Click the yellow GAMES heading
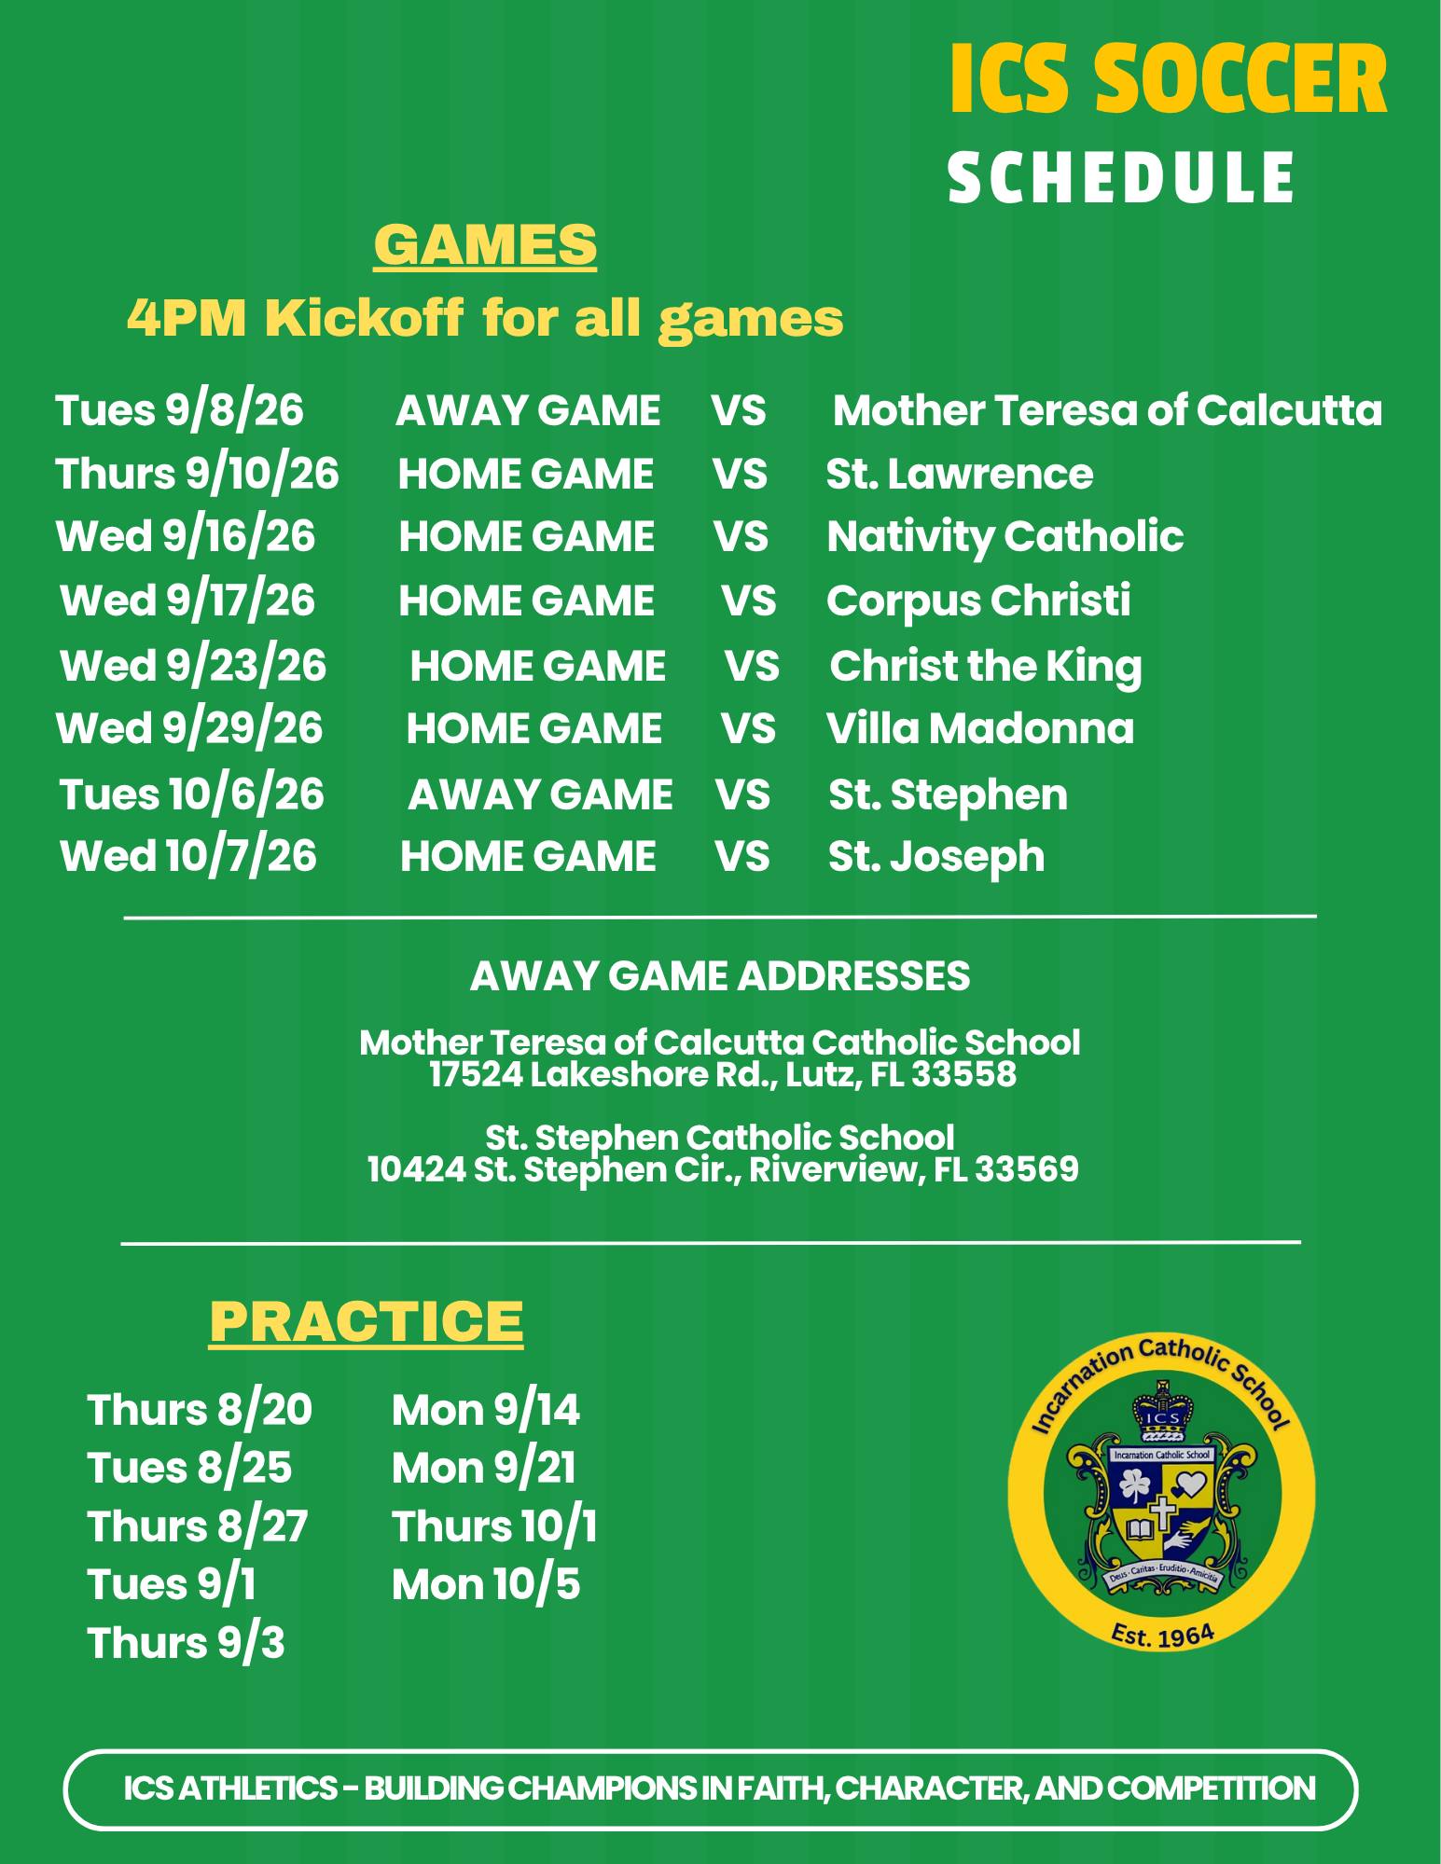[485, 245]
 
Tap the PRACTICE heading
[367, 1321]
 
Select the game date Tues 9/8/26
[180, 411]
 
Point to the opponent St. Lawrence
[960, 474]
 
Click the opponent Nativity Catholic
[1005, 538]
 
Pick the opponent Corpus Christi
[978, 601]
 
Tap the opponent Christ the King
[986, 667]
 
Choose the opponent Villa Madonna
[980, 728]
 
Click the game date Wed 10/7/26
[188, 857]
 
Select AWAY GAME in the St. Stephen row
[540, 795]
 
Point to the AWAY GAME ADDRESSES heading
[720, 976]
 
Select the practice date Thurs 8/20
[200, 1410]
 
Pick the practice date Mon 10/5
[486, 1585]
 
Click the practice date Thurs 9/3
[186, 1644]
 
